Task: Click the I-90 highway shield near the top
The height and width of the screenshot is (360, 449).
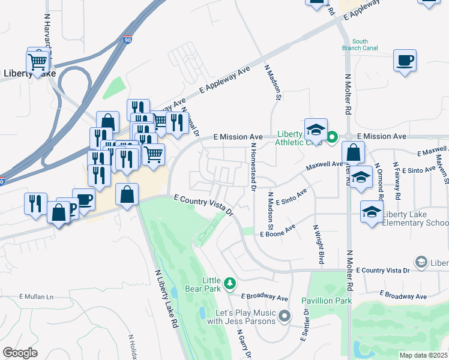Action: [x=128, y=40]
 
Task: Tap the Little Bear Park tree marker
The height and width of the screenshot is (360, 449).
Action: [x=229, y=282]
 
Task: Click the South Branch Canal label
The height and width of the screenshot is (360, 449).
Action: [x=360, y=45]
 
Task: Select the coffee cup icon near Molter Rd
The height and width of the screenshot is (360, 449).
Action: [x=405, y=60]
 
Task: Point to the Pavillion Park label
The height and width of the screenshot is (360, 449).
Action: [x=326, y=300]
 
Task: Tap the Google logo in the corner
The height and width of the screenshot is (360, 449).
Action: [x=20, y=353]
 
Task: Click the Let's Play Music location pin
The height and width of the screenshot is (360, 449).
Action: [x=285, y=314]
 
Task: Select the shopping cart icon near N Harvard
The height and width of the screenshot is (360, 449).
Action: [x=37, y=61]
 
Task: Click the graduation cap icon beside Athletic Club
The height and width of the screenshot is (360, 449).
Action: [x=316, y=130]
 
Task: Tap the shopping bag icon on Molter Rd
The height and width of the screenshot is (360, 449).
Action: [x=354, y=152]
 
